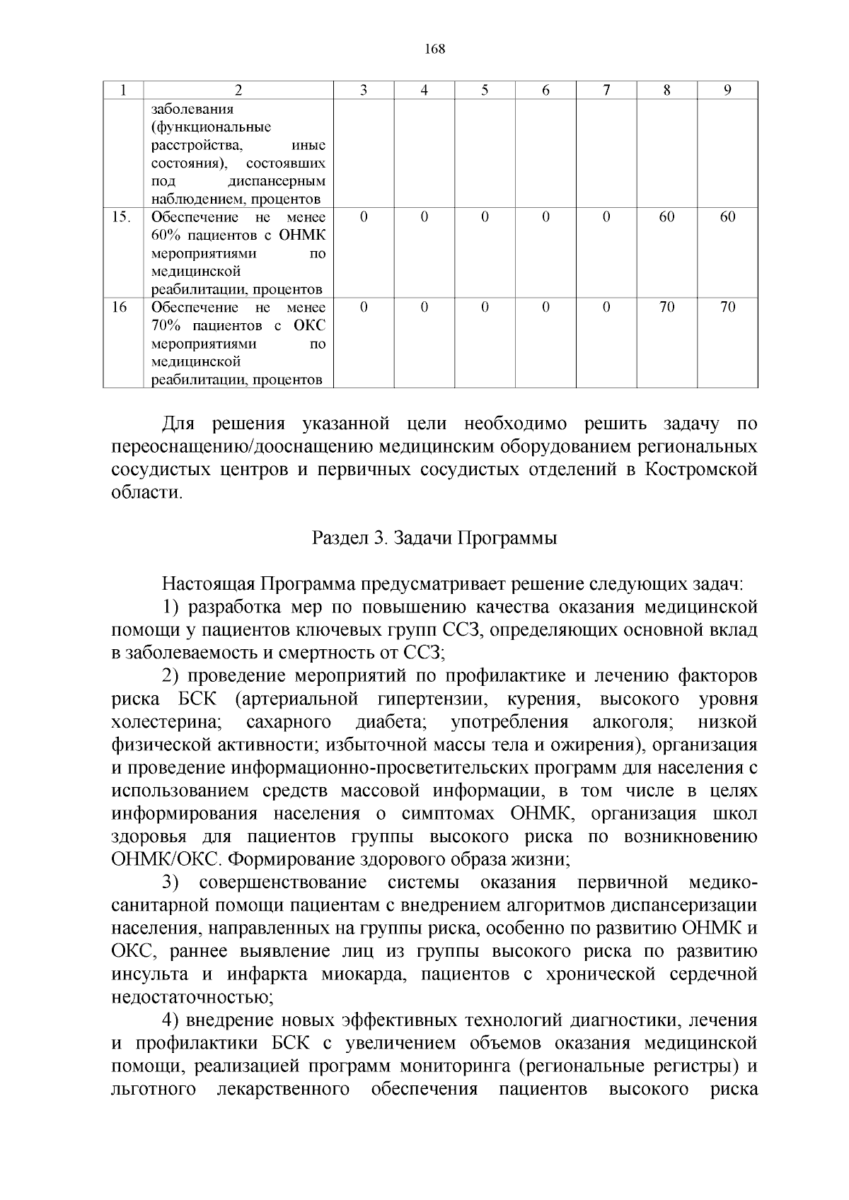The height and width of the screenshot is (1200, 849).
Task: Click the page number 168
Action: point(434,49)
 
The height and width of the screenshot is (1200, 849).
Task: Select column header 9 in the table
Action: point(727,90)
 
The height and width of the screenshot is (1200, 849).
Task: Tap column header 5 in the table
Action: point(485,90)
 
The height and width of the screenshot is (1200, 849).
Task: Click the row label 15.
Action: point(121,217)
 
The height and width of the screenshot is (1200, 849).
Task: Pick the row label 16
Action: point(120,307)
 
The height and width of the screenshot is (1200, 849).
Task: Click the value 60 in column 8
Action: point(666,217)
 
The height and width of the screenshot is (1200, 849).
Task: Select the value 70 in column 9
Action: point(727,307)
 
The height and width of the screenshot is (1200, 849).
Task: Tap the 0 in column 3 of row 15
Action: point(363,217)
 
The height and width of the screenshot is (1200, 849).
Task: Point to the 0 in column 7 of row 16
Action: point(606,307)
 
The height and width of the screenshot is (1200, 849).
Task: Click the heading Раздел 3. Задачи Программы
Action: point(434,538)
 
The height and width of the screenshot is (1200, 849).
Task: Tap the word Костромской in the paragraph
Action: point(701,470)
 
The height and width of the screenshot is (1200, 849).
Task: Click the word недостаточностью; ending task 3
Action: point(192,997)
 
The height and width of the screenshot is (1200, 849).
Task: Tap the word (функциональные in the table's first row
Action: point(212,127)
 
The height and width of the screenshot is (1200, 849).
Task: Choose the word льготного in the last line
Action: point(154,1089)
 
